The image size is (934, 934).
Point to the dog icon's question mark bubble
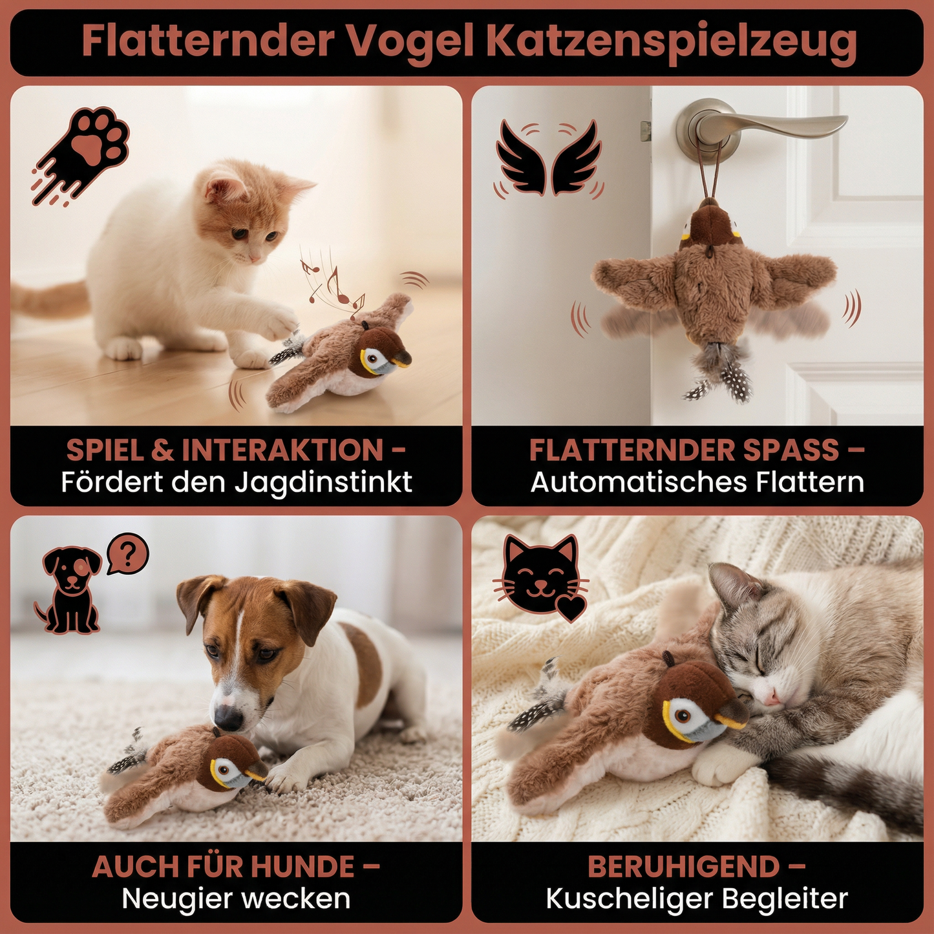128,553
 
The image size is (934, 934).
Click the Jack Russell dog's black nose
227,717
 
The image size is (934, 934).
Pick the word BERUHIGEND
684,867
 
